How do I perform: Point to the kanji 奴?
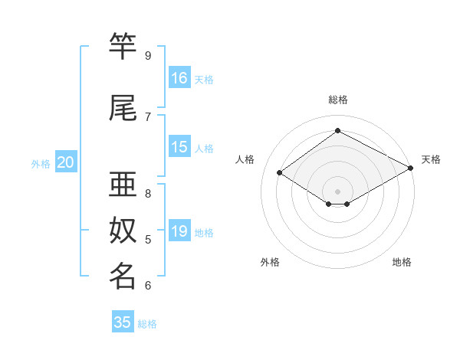click(123, 231)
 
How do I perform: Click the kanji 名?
click(123, 276)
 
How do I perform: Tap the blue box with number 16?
click(179, 78)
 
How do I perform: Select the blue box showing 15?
click(179, 147)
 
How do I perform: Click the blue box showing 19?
click(179, 231)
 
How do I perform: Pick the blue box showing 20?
click(66, 162)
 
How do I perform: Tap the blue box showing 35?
click(123, 322)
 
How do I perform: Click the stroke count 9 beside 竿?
click(148, 56)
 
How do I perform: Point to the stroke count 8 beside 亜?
click(148, 193)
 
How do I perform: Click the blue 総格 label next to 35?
click(147, 324)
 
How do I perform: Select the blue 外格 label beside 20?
click(41, 163)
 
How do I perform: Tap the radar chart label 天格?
click(431, 159)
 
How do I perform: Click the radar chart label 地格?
click(402, 262)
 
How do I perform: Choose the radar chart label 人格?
click(245, 159)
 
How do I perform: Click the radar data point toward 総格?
click(337, 131)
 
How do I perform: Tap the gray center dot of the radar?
click(337, 190)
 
